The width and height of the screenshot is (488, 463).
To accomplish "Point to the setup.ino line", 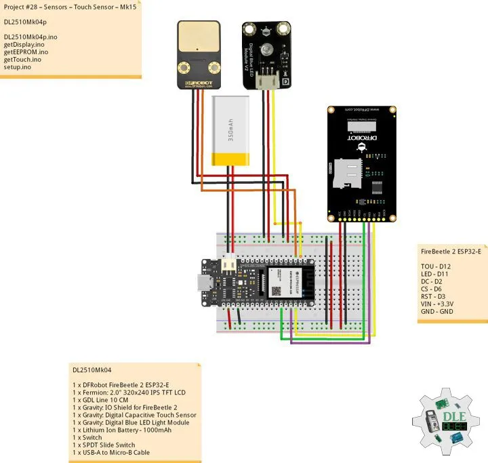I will [18, 68].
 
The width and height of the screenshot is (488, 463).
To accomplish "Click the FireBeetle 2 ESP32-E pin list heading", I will [451, 251].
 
